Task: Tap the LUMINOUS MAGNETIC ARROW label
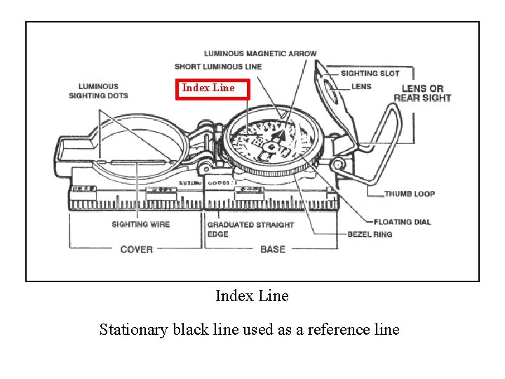260,53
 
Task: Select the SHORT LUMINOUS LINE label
218,67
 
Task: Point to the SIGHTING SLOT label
370,73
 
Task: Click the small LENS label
361,86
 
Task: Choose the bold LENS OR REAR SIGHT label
422,93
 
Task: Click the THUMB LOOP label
410,194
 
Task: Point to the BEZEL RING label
370,234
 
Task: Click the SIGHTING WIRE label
140,225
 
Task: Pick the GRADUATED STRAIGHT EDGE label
250,229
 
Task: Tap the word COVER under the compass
136,249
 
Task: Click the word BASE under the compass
273,249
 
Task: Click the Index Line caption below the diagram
252,296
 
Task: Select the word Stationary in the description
133,329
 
